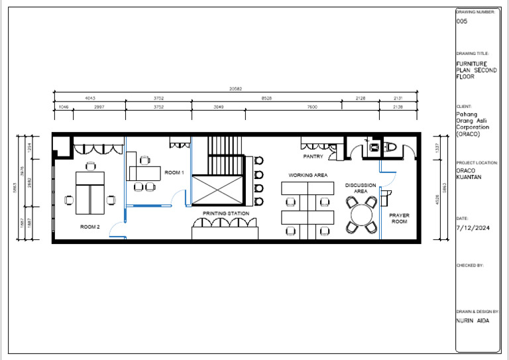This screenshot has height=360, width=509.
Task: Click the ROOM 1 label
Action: tap(174, 172)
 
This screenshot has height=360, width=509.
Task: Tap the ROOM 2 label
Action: tap(89, 227)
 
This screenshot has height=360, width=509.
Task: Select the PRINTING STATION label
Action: tap(226, 213)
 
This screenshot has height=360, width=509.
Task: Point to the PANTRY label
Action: tap(313, 157)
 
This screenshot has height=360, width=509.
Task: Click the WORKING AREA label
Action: tap(308, 176)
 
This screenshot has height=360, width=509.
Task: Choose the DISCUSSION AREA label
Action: tap(361, 188)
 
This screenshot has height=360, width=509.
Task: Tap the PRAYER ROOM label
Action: tap(399, 218)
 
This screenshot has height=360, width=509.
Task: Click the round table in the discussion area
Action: tap(362, 214)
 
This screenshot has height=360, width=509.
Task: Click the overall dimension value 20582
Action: tap(235, 89)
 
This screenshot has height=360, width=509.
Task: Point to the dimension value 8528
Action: tap(266, 98)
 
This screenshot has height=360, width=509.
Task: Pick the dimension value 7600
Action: tap(311, 107)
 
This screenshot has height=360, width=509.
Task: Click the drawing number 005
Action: tap(462, 22)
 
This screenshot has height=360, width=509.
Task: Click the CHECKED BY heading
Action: tap(470, 265)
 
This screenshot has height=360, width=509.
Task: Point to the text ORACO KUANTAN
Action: tap(469, 174)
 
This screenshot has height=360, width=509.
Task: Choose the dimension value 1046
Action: tap(64, 107)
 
